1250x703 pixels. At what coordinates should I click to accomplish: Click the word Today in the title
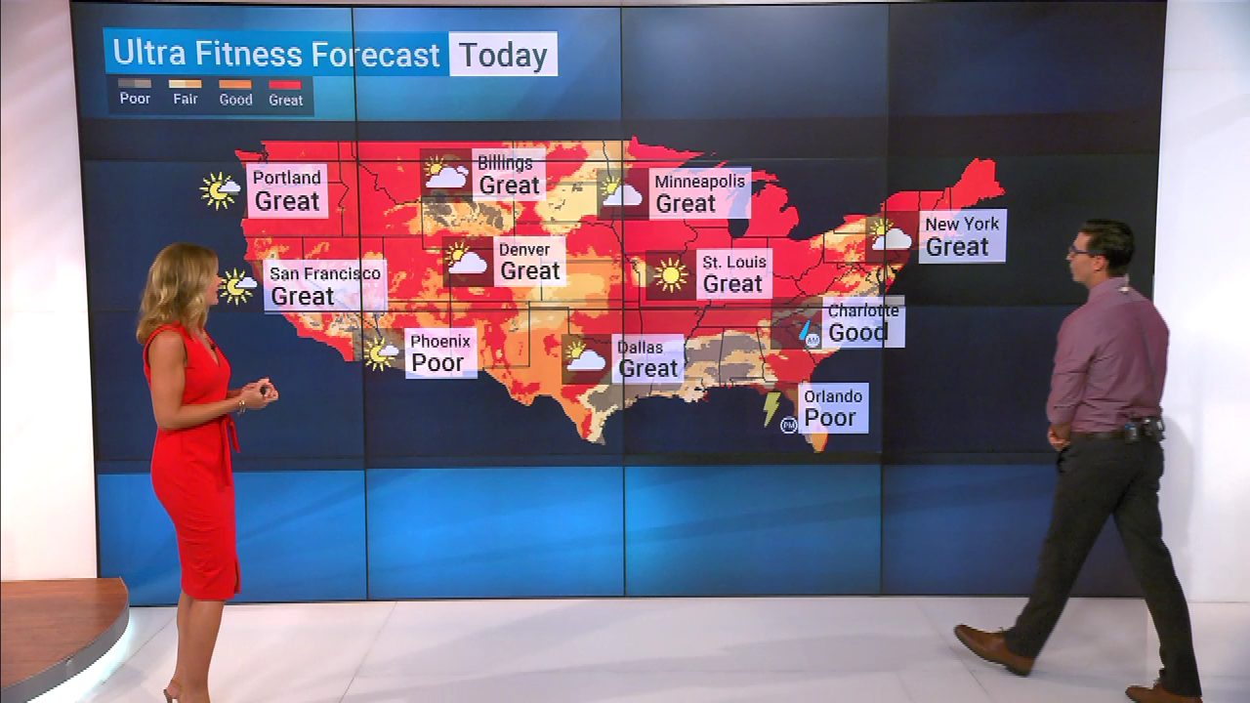coord(503,55)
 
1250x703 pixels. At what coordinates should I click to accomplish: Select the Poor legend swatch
coord(135,84)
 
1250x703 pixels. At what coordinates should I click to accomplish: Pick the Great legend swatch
coord(285,84)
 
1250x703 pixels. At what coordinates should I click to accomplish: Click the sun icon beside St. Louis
coord(670,275)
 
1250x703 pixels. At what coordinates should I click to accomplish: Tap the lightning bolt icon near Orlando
coord(771,407)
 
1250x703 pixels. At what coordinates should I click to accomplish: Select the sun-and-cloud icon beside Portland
coord(219,189)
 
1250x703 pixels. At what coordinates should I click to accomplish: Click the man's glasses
coord(1079,251)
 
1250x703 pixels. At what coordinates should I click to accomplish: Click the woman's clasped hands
coord(258,393)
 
